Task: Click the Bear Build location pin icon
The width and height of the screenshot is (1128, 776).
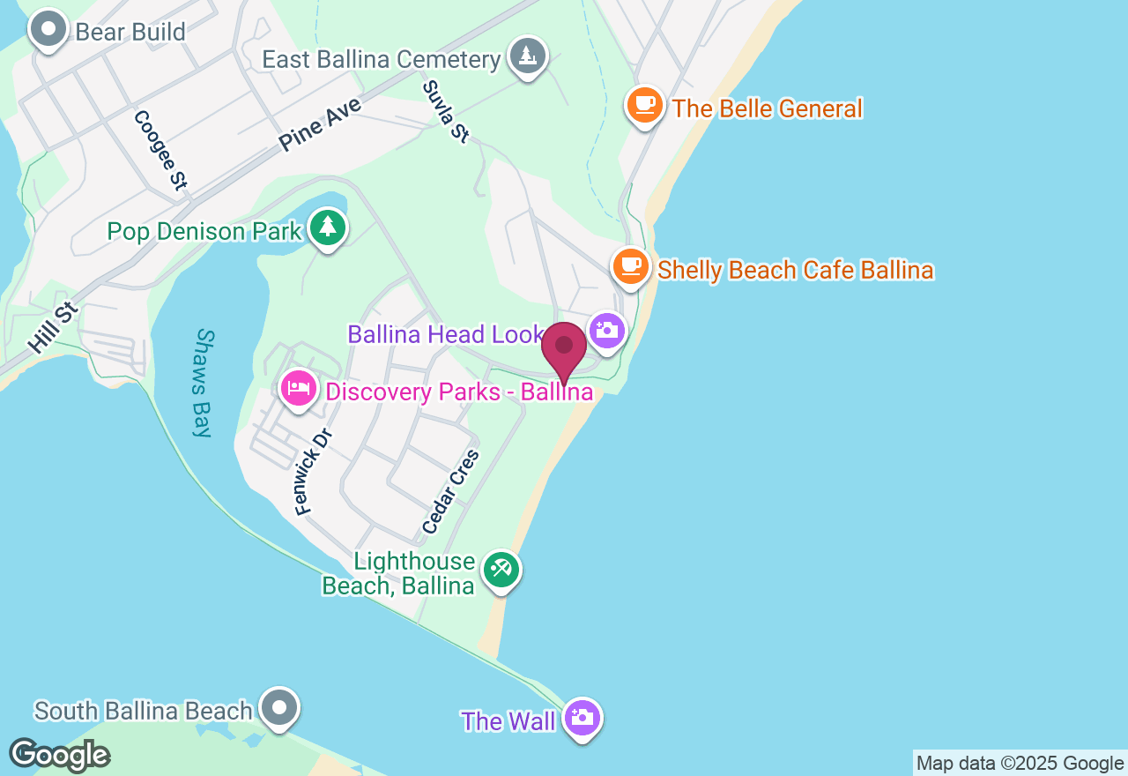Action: [48, 30]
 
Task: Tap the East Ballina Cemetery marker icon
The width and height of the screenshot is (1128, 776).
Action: [527, 56]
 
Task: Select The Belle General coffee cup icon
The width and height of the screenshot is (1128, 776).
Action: [645, 105]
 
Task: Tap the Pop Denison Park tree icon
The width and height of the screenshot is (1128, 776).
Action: [328, 228]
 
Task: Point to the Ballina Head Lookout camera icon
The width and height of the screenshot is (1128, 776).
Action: [606, 332]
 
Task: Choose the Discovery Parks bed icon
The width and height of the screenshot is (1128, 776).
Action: [299, 388]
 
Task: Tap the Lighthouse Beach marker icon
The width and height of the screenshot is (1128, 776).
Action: [501, 570]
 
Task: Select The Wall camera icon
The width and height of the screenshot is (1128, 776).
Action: [582, 718]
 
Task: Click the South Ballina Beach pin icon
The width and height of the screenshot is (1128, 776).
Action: [279, 707]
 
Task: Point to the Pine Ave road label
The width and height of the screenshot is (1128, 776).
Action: [321, 123]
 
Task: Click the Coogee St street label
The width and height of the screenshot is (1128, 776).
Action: [160, 150]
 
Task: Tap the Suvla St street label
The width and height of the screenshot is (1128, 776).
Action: [446, 111]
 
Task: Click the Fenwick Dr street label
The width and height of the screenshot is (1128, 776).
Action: [313, 472]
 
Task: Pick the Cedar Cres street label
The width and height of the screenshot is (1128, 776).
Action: [450, 492]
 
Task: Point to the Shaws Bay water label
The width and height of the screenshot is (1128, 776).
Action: [204, 383]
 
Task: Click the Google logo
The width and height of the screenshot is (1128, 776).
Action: [59, 755]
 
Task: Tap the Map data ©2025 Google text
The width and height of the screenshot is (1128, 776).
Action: [1020, 764]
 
